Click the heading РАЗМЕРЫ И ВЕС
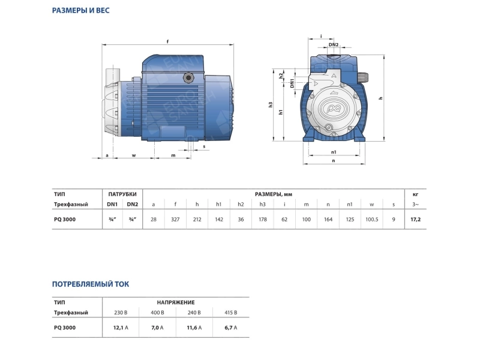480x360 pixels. coord(81,10)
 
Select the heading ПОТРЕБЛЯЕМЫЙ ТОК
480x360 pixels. coord(91,284)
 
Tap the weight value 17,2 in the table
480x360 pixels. coord(415,219)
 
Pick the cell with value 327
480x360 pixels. coord(175,219)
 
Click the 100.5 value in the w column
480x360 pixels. coord(371,219)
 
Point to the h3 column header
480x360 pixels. coord(262,204)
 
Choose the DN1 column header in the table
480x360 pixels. coord(112,204)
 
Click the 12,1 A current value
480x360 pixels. coord(121,328)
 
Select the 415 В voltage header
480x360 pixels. coord(231,313)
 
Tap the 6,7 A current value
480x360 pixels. coord(231,328)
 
